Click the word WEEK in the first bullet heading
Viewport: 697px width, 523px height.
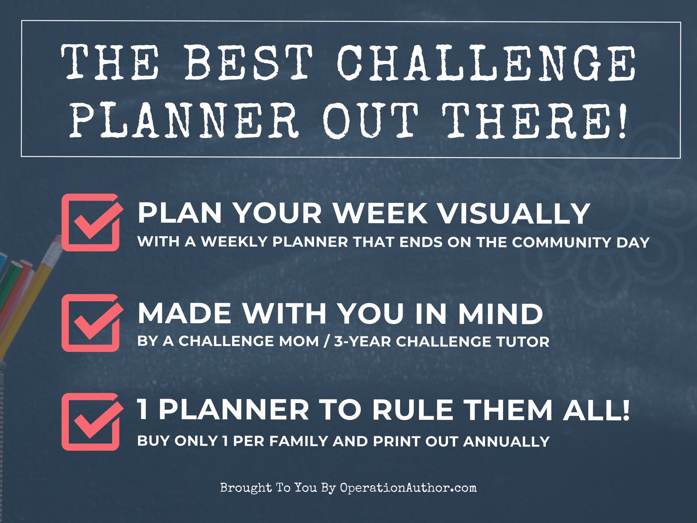[x=380, y=213]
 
